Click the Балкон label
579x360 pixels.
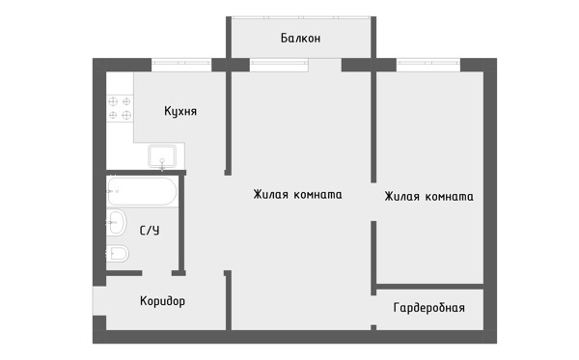click(x=300, y=38)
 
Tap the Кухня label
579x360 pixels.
click(x=180, y=111)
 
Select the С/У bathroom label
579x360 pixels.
click(x=150, y=231)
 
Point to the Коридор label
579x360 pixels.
click(x=162, y=301)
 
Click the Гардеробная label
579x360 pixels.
click(x=429, y=308)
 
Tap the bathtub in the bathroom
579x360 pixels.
click(x=142, y=192)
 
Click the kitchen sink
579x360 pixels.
click(x=162, y=155)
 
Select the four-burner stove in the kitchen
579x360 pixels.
click(x=120, y=108)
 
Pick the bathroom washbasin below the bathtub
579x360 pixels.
click(x=117, y=222)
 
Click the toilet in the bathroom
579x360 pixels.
click(x=117, y=253)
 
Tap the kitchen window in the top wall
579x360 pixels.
click(x=181, y=65)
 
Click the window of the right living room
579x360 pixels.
click(x=428, y=65)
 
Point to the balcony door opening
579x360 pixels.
click(x=325, y=65)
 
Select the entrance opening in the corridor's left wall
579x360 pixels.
click(x=99, y=300)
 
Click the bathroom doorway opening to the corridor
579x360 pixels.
click(x=157, y=273)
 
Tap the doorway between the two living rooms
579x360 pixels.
click(x=373, y=202)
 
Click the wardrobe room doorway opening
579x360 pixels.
click(x=373, y=310)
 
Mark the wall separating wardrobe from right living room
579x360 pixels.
click(x=429, y=287)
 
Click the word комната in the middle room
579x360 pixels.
click(x=317, y=195)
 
